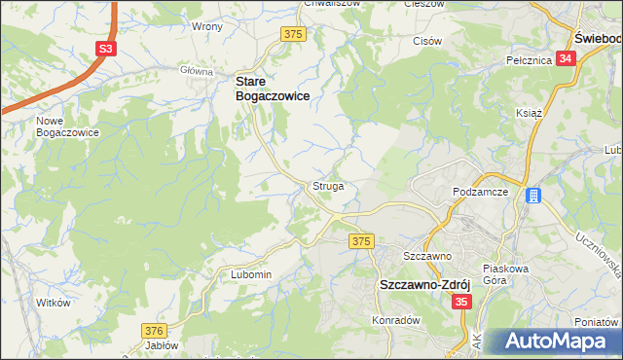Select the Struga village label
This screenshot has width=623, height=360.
coord(328,185)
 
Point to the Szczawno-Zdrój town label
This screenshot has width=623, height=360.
coord(424,286)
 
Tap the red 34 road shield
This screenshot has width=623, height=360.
coord(568,58)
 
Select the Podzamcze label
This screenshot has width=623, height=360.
coord(482,193)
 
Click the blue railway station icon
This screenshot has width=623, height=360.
coord(533,196)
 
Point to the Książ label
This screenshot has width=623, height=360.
coord(529,113)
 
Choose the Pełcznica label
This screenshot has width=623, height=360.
coord(530,59)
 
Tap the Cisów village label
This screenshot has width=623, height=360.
coord(428,41)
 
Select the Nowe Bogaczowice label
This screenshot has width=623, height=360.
coord(67,126)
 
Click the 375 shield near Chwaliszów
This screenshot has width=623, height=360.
coord(294,34)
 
